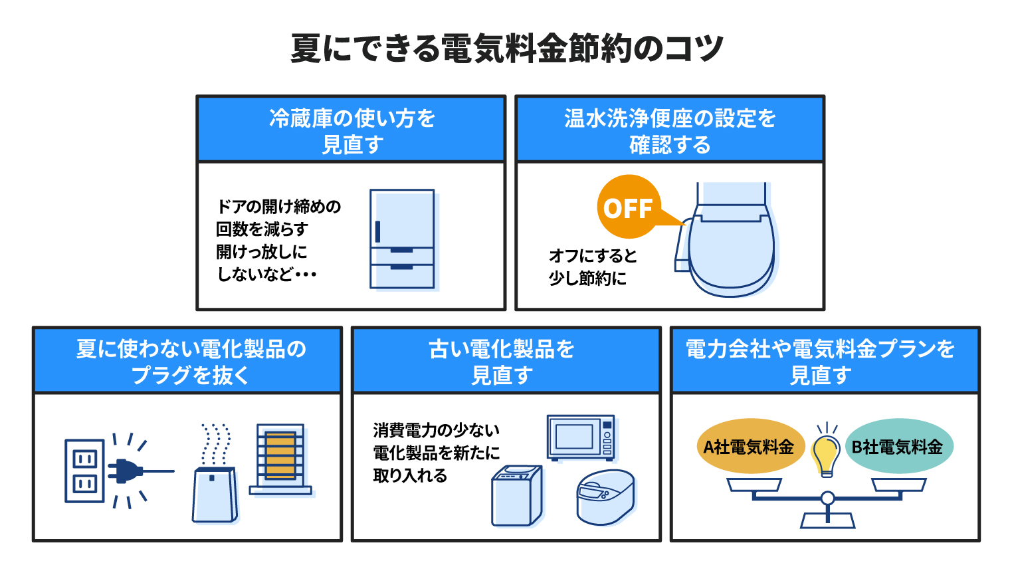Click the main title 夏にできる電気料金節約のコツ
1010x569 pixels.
pyautogui.click(x=506, y=49)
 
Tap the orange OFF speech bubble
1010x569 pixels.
pyautogui.click(x=629, y=208)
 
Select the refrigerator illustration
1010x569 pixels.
pyautogui.click(x=402, y=239)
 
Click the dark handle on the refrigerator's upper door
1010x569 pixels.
pyautogui.click(x=377, y=231)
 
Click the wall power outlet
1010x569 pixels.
pyautogui.click(x=84, y=471)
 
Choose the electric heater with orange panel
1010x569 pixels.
pyautogui.click(x=280, y=459)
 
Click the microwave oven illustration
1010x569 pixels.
pyautogui.click(x=581, y=437)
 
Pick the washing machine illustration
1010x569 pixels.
pyautogui.click(x=517, y=496)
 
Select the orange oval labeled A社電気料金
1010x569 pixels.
pyautogui.click(x=750, y=447)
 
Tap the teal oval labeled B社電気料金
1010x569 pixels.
pyautogui.click(x=898, y=447)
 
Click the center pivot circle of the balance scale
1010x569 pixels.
pyautogui.click(x=827, y=498)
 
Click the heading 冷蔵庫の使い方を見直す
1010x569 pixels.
pyautogui.click(x=352, y=131)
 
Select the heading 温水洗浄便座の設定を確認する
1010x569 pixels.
pyautogui.click(x=670, y=131)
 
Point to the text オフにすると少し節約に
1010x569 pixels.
pyautogui.click(x=592, y=267)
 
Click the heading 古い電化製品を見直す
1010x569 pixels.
pyautogui.click(x=502, y=362)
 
